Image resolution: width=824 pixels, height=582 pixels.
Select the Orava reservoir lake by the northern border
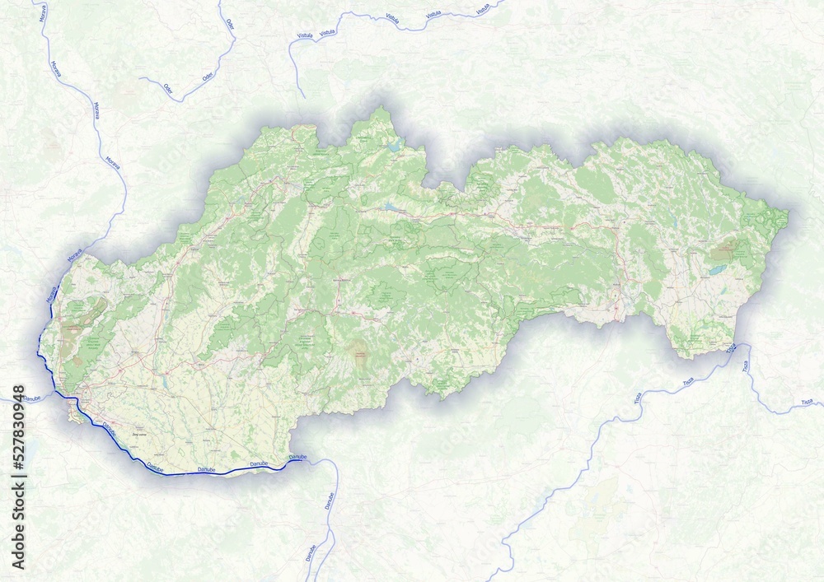point(394,147)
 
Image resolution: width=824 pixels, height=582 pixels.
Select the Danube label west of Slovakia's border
point(30,398)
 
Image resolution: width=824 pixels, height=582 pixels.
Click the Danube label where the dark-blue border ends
point(297,457)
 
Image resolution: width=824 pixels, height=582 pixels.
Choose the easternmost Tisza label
point(805,402)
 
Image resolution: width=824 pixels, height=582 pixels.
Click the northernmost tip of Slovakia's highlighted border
point(381,107)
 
